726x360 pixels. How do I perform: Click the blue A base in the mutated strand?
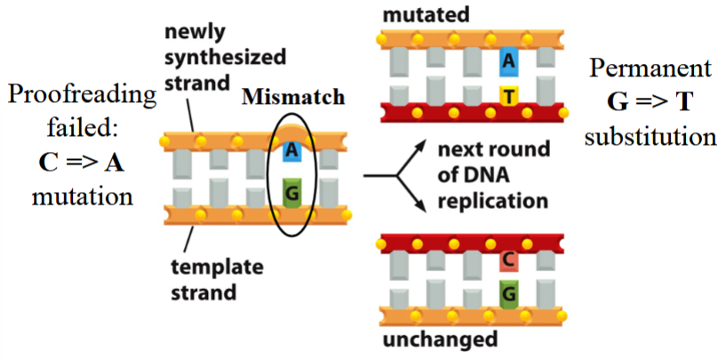pyautogui.click(x=507, y=60)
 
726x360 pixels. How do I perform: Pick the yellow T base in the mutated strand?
pyautogui.click(x=507, y=94)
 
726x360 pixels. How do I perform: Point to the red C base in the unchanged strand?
pyautogui.click(x=507, y=260)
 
